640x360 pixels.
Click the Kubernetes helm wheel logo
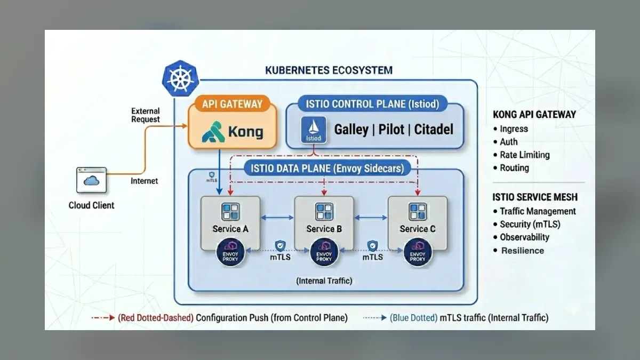[x=180, y=78]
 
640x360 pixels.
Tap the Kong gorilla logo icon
[x=213, y=132]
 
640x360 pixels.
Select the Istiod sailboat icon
[x=314, y=130]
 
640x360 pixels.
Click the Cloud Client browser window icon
[x=91, y=180]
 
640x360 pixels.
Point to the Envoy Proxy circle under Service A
[x=230, y=252]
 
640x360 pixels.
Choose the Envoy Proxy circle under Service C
[x=418, y=252]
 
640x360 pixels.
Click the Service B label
[x=324, y=229]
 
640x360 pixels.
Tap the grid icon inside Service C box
[x=418, y=212]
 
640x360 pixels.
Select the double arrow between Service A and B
[x=277, y=218]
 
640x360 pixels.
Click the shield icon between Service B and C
[x=373, y=246]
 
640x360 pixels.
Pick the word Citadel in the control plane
[x=434, y=130]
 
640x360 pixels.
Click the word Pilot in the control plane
[x=391, y=130]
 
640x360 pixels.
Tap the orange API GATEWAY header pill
[x=232, y=103]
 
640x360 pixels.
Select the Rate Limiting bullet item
[x=522, y=155]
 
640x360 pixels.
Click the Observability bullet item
[x=521, y=237]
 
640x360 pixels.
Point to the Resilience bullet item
[x=519, y=251]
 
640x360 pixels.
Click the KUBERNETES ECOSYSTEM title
[x=329, y=70]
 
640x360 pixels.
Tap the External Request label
[x=146, y=115]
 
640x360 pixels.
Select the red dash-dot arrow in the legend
[x=103, y=318]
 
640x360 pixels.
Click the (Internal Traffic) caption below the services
[x=324, y=281]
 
